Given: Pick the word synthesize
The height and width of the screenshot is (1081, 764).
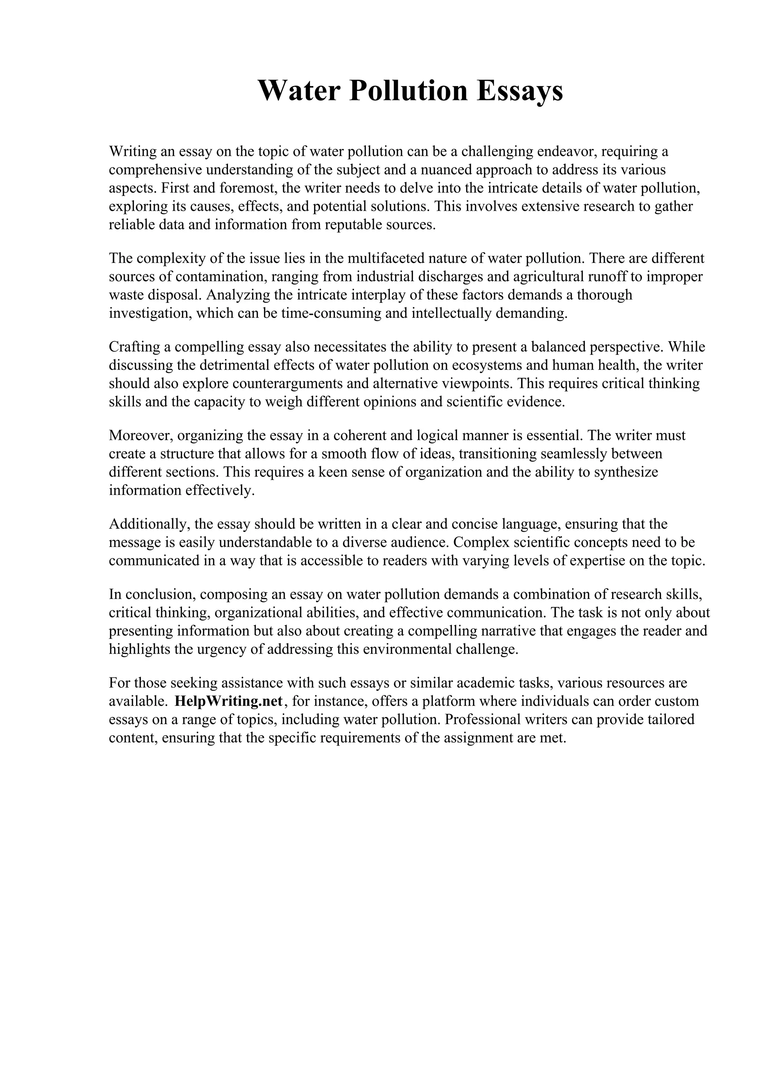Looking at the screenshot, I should pyautogui.click(x=626, y=472).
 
